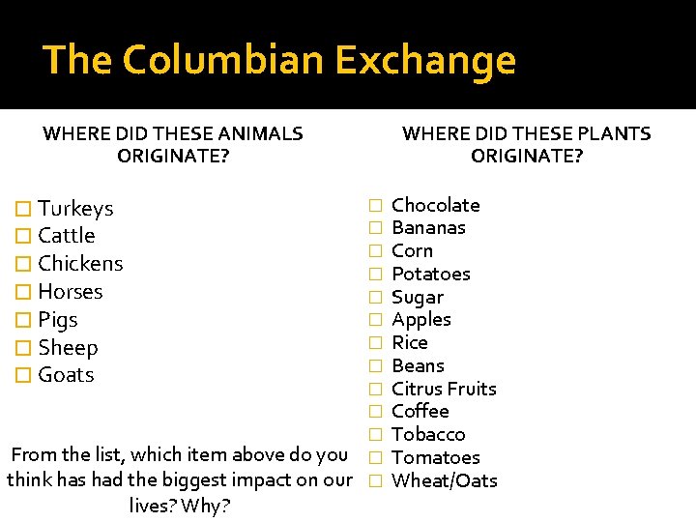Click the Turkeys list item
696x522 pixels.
click(75, 209)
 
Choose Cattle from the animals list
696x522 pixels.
click(66, 236)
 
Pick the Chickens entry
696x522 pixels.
click(80, 264)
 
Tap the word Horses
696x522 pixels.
click(70, 292)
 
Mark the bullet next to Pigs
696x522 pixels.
click(25, 320)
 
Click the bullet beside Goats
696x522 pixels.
click(25, 375)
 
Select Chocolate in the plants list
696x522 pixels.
click(435, 205)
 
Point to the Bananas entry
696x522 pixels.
click(428, 228)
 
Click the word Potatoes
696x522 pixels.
click(430, 275)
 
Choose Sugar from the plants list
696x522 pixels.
click(418, 298)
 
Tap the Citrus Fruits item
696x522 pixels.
click(444, 389)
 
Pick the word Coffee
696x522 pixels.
click(420, 412)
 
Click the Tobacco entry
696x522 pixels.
click(428, 435)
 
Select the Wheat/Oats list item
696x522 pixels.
click(444, 481)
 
